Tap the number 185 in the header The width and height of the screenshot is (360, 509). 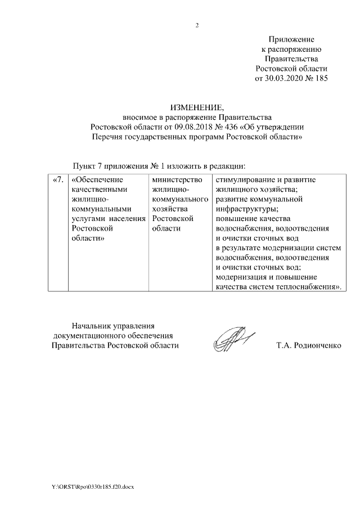tap(320, 79)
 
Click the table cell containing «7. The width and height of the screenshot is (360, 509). tap(57, 180)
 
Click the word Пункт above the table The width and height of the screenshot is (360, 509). tap(84, 166)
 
